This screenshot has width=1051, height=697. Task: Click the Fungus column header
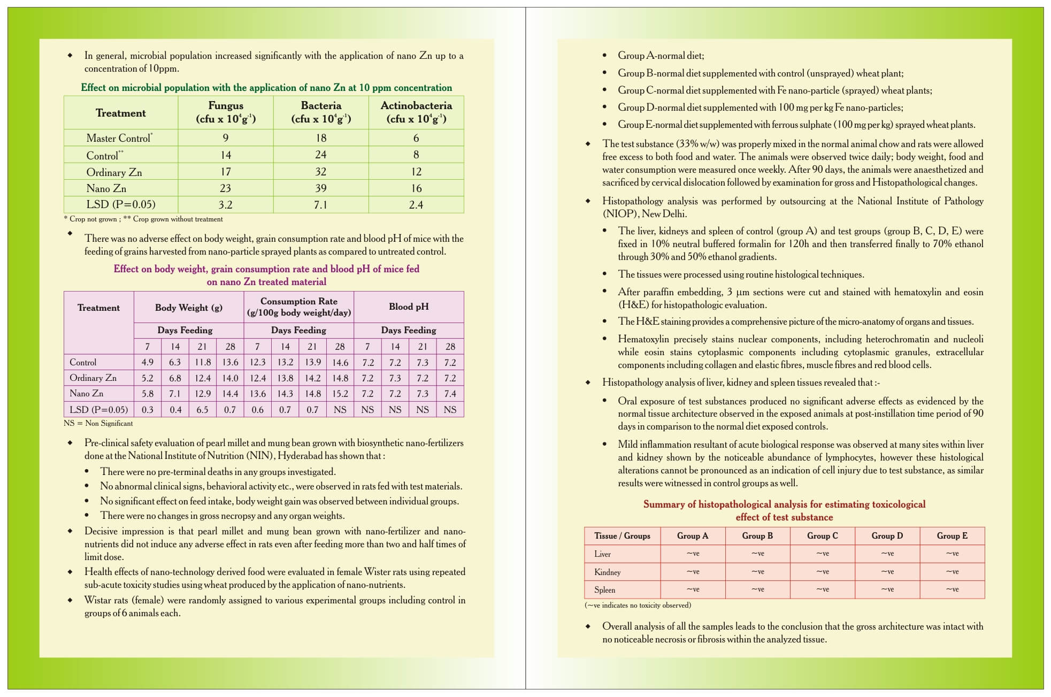[226, 112]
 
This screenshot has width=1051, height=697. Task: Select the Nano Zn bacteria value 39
[321, 188]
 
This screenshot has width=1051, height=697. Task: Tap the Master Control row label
[119, 138]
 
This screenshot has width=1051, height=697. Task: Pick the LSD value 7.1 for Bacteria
[321, 205]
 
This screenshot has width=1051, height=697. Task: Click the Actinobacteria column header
[416, 112]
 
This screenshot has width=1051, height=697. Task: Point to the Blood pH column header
[409, 307]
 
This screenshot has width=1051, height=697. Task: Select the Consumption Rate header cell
[298, 307]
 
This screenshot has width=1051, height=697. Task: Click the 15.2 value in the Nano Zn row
[340, 394]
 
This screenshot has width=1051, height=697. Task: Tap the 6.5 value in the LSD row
[202, 410]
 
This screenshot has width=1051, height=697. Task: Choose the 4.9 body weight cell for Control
[148, 362]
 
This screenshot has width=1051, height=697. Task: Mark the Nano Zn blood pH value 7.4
[450, 394]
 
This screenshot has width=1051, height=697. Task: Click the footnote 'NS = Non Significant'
[98, 423]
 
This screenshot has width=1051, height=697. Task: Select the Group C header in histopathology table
[822, 535]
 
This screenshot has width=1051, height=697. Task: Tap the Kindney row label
[608, 572]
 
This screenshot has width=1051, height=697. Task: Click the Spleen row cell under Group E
[952, 589]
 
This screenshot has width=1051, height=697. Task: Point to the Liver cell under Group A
[693, 554]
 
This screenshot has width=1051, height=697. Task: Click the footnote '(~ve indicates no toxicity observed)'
[638, 605]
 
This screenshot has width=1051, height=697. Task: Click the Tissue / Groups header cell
[622, 535]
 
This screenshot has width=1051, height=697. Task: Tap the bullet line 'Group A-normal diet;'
[661, 56]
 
